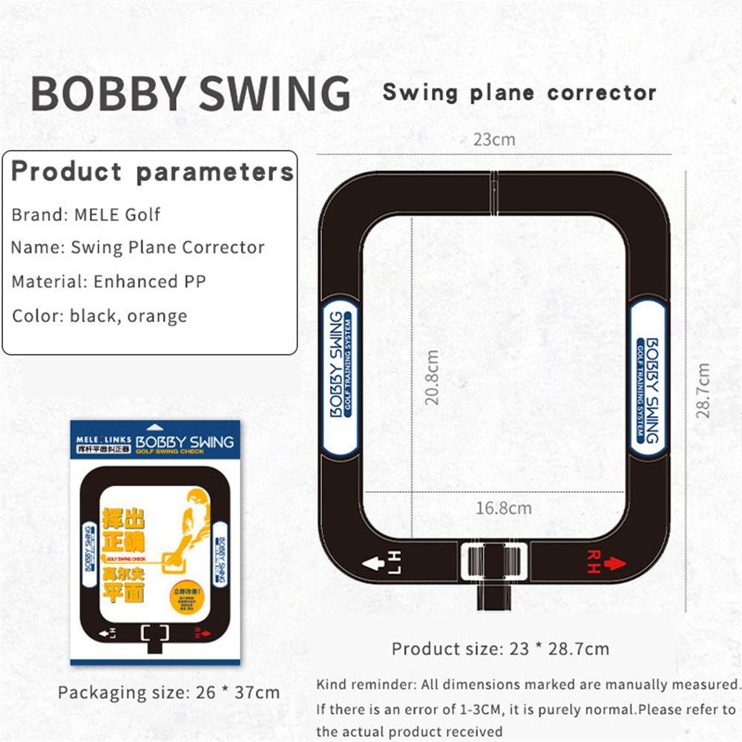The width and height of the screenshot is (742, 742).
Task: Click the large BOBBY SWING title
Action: click(191, 93)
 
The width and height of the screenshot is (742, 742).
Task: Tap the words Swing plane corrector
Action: click(519, 93)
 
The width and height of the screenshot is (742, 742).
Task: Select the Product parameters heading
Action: click(152, 171)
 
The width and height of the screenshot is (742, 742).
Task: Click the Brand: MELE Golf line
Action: click(86, 215)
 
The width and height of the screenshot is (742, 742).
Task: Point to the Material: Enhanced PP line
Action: click(108, 281)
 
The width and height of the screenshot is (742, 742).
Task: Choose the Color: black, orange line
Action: click(99, 315)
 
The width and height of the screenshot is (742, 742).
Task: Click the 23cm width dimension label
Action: click(494, 139)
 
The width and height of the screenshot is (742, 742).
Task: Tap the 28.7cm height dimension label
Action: click(703, 390)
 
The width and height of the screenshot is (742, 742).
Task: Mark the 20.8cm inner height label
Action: click(432, 377)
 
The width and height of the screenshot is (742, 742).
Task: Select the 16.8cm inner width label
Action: click(504, 508)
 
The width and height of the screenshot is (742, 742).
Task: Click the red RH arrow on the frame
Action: click(607, 562)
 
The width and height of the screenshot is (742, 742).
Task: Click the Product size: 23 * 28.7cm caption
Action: click(500, 649)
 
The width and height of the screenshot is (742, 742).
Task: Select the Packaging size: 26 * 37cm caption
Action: click(169, 692)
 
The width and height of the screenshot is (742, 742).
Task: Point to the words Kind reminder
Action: click(361, 684)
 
